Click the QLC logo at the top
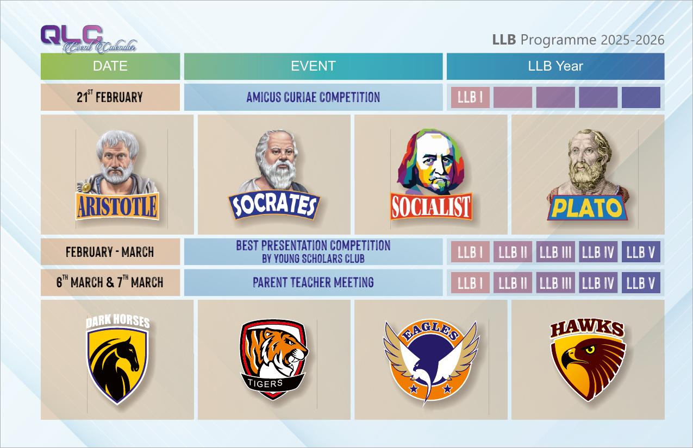[x=89, y=39]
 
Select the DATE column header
[x=110, y=66]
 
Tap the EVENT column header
[x=314, y=66]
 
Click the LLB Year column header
[x=555, y=66]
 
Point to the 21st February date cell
[x=110, y=97]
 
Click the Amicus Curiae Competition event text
[x=313, y=97]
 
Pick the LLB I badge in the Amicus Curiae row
[x=470, y=97]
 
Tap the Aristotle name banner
[x=117, y=206]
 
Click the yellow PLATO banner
[x=587, y=207]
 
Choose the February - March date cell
[x=110, y=251]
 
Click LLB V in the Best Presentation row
[x=641, y=252]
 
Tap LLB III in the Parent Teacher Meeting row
[x=555, y=282]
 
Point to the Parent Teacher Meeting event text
[x=313, y=282]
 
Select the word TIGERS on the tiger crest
[x=265, y=383]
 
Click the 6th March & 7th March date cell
[x=110, y=282]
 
